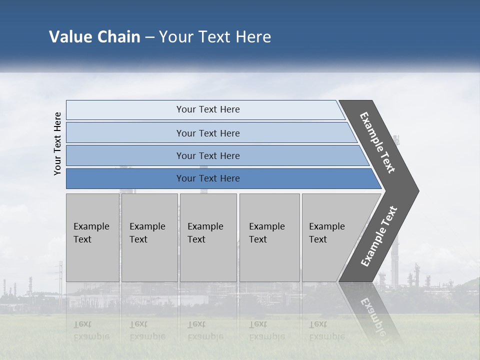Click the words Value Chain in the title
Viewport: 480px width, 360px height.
click(94, 37)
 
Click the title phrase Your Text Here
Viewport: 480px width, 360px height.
click(214, 37)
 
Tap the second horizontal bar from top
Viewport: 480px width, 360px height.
click(208, 133)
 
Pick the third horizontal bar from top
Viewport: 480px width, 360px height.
click(208, 155)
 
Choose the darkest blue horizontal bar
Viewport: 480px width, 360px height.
click(208, 178)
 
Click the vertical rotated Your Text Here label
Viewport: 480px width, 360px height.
click(57, 143)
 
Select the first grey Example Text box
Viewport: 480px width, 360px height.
click(92, 237)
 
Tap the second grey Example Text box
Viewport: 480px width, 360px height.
click(149, 237)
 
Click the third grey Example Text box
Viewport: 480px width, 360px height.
click(208, 237)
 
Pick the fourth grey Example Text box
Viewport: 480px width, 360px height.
click(269, 237)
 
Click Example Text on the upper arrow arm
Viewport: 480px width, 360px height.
click(377, 142)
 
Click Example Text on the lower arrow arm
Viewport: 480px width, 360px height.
click(378, 236)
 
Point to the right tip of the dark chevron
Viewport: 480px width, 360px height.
click(417, 191)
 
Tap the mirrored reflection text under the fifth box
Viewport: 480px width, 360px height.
click(326, 330)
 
